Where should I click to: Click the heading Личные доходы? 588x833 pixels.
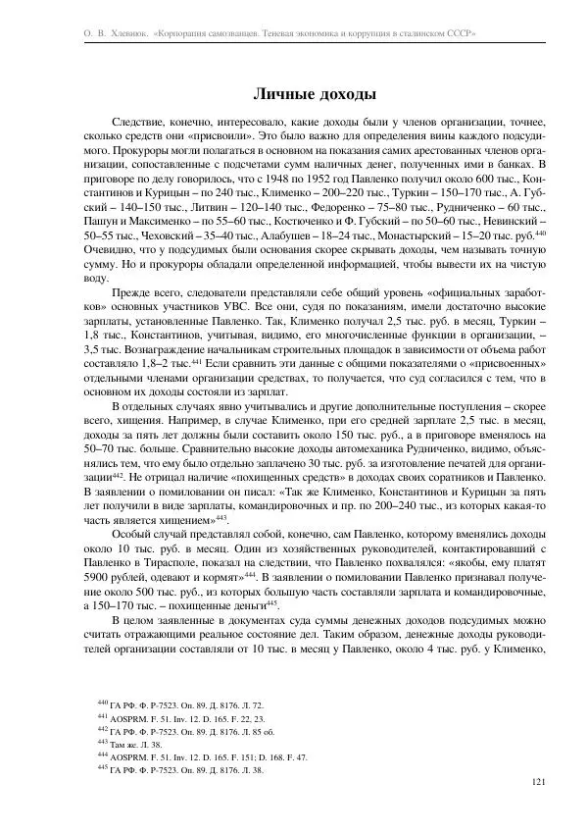(314, 94)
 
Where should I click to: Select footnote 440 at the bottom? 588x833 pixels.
(181, 704)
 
